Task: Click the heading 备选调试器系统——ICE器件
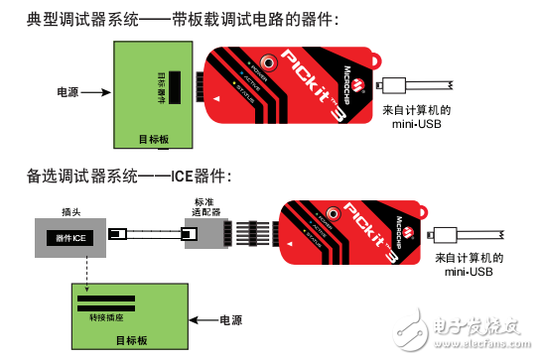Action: pos(129,177)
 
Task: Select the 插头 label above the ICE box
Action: pos(71,210)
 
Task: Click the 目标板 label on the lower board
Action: pos(131,340)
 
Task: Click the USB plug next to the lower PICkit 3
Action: pos(444,234)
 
